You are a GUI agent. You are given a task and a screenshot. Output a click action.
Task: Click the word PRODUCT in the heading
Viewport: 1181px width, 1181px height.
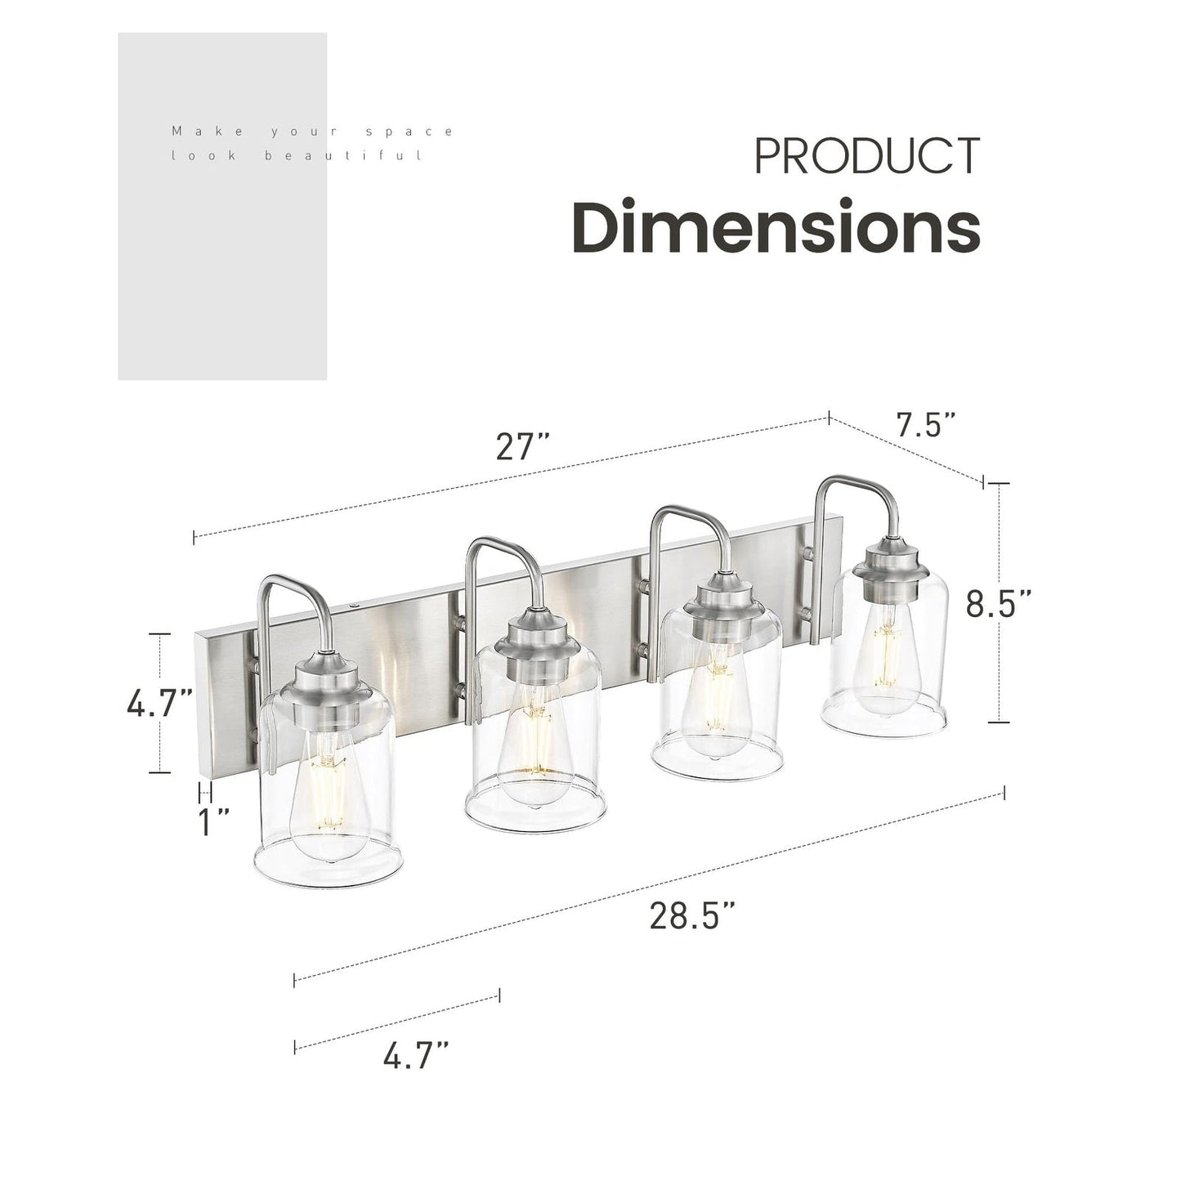(x=866, y=156)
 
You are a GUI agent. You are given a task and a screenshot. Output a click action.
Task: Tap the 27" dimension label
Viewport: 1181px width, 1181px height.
(x=522, y=446)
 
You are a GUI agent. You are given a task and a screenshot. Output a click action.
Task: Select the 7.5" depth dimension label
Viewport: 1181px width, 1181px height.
(x=925, y=425)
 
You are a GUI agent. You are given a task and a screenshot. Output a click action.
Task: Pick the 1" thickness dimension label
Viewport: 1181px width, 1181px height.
(x=214, y=822)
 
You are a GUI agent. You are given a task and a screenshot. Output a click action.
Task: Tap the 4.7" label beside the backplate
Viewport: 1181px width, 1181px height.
(x=160, y=703)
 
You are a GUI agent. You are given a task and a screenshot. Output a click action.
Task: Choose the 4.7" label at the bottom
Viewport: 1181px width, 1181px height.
(x=416, y=1055)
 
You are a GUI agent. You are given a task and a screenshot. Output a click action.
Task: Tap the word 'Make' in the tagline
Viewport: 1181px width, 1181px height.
(x=196, y=131)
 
